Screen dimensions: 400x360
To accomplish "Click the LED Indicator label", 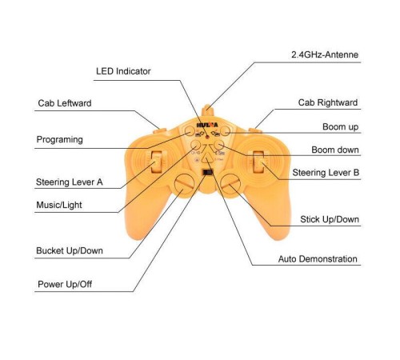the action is click(123, 71).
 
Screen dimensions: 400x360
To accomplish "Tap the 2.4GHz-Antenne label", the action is click(325, 54).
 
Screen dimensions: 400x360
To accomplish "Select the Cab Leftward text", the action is click(65, 103).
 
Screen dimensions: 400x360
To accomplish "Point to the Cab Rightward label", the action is click(328, 102).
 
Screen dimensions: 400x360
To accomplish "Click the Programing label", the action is click(59, 139).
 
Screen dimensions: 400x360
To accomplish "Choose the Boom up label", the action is click(340, 126).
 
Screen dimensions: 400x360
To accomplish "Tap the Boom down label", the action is click(335, 150).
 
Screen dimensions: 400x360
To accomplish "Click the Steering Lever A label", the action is click(70, 182).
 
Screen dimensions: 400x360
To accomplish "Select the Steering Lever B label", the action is click(326, 173).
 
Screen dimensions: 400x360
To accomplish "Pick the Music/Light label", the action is click(59, 205).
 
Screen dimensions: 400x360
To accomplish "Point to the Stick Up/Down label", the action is click(330, 219).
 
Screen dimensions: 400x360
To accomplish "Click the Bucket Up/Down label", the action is click(70, 250).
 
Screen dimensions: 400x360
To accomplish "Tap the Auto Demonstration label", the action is click(318, 259).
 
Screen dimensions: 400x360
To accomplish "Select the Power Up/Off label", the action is click(65, 284).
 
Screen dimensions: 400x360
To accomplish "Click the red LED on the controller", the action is click(207, 137).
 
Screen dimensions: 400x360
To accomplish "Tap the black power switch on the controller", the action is click(207, 172).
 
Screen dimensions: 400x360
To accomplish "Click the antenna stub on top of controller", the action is click(206, 110).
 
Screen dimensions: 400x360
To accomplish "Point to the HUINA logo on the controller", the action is click(207, 125).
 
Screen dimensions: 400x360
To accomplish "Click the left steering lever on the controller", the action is click(156, 162).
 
